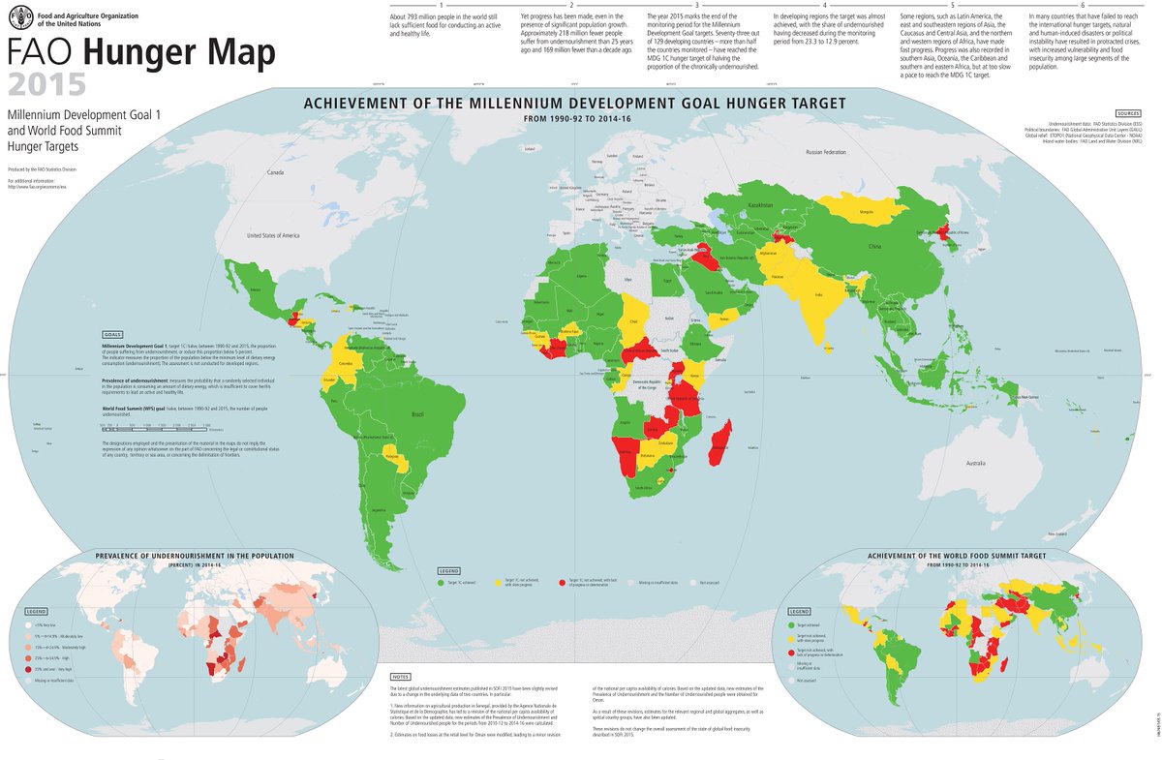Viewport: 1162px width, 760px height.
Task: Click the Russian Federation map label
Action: pyautogui.click(x=826, y=152)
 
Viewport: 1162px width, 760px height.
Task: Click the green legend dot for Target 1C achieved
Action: pyautogui.click(x=441, y=583)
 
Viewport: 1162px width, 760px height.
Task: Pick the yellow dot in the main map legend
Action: pyautogui.click(x=499, y=583)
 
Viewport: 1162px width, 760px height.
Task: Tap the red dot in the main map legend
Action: pyautogui.click(x=562, y=583)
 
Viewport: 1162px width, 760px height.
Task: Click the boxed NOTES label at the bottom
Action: pyautogui.click(x=400, y=677)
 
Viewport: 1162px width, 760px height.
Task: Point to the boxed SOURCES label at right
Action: pyautogui.click(x=1128, y=113)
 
